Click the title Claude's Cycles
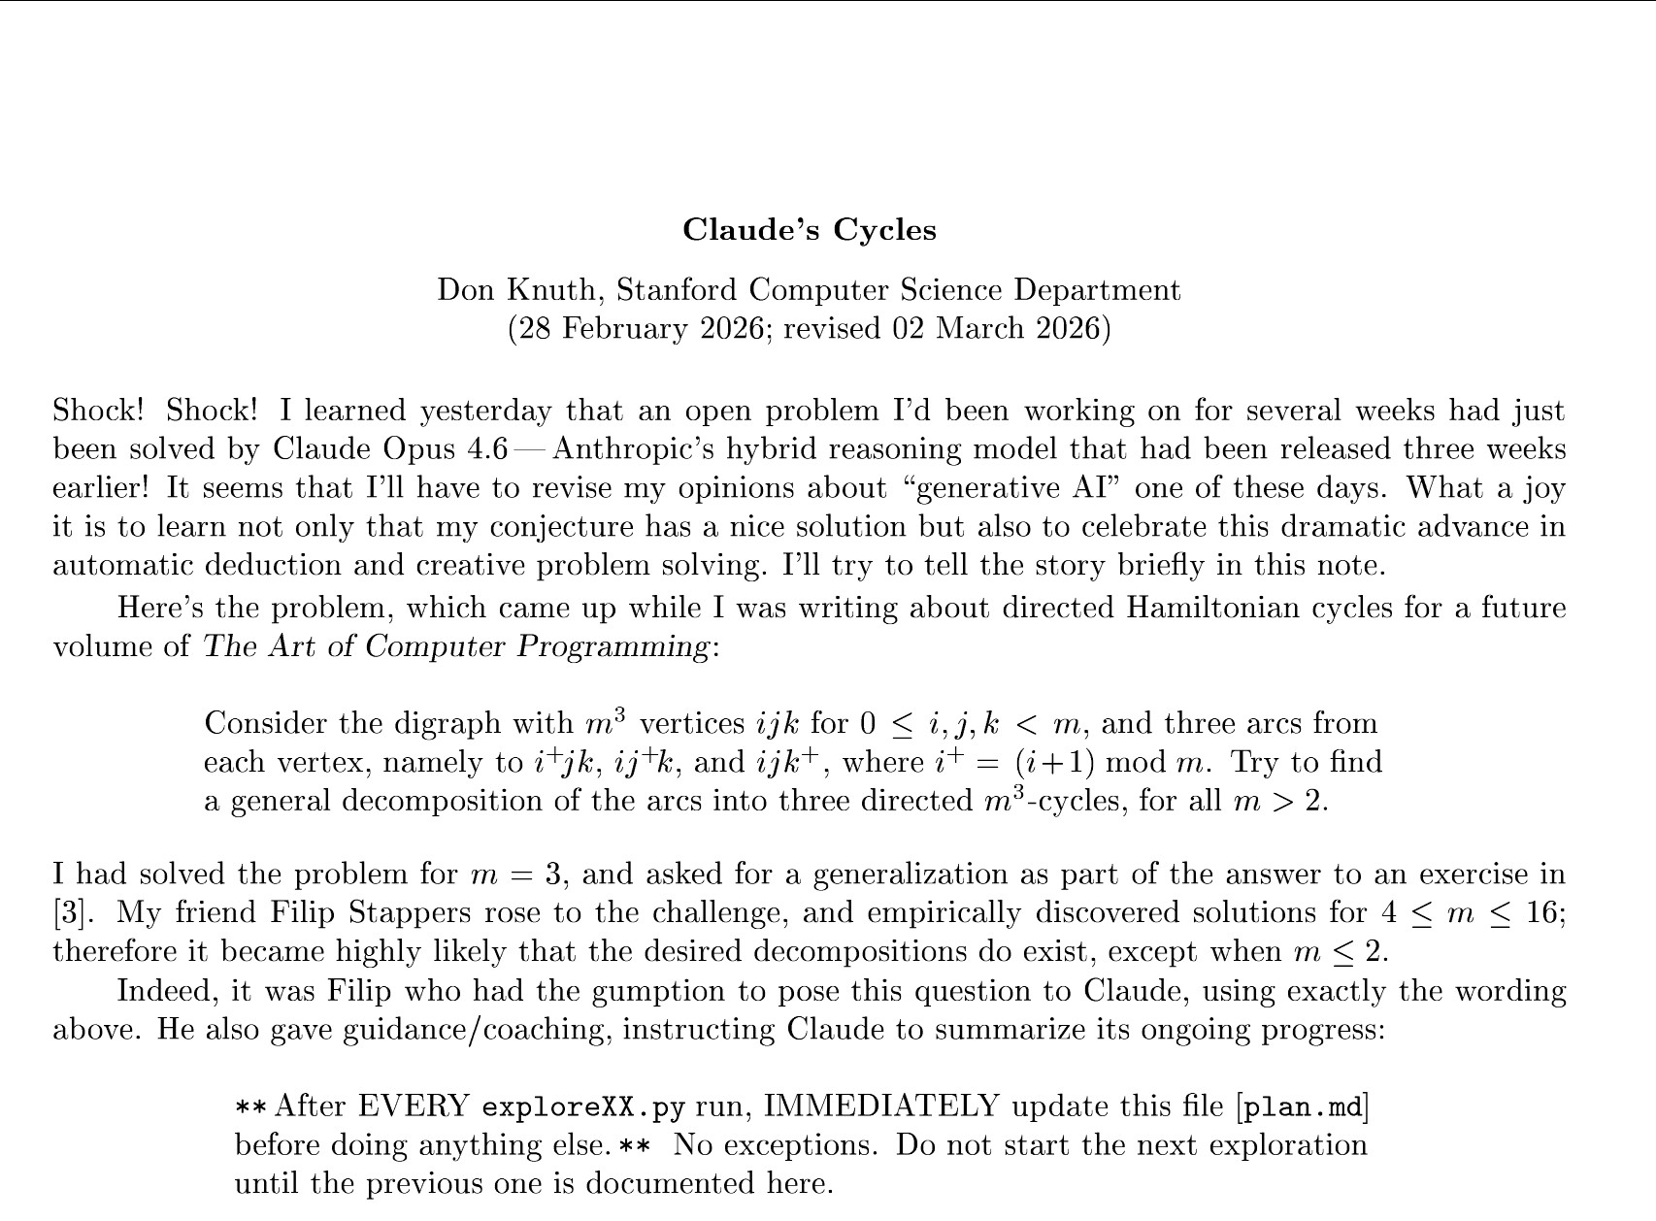pos(809,230)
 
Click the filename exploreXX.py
pos(582,1107)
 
